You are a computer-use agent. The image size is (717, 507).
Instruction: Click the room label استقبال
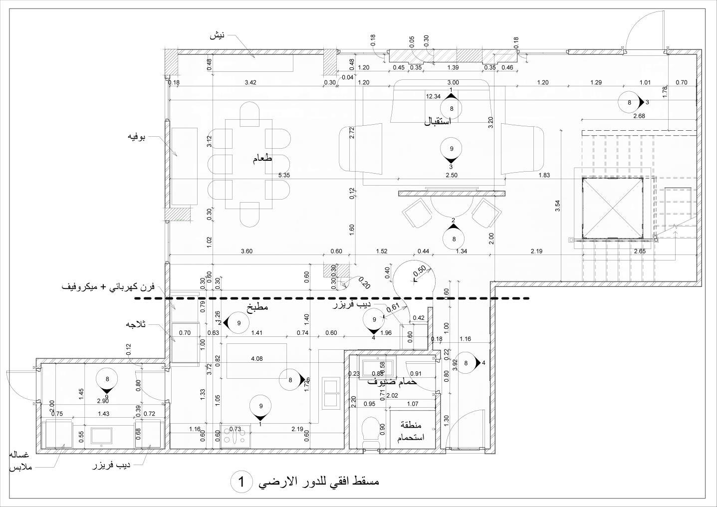click(437, 121)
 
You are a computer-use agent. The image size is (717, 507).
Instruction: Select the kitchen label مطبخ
click(257, 307)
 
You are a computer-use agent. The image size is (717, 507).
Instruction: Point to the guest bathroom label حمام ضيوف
click(392, 382)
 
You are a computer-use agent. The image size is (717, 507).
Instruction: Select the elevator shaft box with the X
click(612, 208)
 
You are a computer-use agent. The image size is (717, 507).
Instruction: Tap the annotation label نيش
click(217, 36)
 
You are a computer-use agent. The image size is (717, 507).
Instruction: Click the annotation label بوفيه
click(136, 136)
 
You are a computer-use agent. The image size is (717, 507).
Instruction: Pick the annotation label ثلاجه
click(136, 324)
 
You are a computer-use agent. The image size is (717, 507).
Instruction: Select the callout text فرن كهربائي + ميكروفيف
click(108, 287)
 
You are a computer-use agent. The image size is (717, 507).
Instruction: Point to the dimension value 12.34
click(433, 97)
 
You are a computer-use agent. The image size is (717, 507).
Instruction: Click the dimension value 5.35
click(284, 175)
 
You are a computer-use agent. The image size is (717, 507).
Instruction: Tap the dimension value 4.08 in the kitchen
click(256, 359)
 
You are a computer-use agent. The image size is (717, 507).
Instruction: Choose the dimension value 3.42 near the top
click(250, 83)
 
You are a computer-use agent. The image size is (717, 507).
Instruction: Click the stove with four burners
click(235, 435)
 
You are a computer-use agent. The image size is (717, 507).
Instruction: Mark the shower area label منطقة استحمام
click(411, 431)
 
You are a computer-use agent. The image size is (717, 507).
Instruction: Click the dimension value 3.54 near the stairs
click(557, 206)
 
